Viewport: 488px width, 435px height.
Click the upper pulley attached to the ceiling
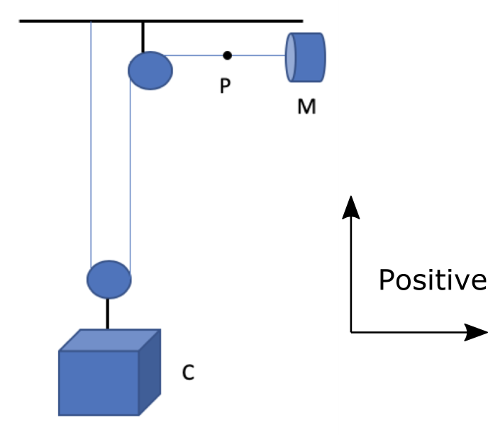(x=150, y=70)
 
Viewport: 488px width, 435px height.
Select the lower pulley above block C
(x=109, y=279)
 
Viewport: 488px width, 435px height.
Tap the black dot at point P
(x=227, y=55)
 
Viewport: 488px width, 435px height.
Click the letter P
(x=225, y=87)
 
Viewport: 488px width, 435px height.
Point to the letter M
(x=306, y=108)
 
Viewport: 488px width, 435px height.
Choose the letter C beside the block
(x=188, y=372)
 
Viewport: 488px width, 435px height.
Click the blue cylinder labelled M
(x=307, y=57)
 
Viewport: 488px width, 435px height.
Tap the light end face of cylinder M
(x=291, y=57)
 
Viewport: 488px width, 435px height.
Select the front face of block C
(x=98, y=382)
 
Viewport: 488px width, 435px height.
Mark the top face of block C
(x=110, y=340)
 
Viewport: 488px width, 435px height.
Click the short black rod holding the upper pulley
(x=143, y=37)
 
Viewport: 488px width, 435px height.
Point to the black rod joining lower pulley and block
(x=108, y=314)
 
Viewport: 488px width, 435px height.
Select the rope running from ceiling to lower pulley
(x=91, y=142)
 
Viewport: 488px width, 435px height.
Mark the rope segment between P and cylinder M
(x=257, y=55)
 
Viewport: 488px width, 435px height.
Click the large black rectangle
(x=413, y=217)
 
